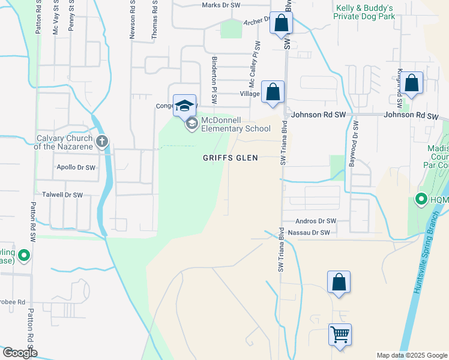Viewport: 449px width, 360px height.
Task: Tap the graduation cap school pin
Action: pyautogui.click(x=184, y=105)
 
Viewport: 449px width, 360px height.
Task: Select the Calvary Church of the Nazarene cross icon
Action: pyautogui.click(x=102, y=142)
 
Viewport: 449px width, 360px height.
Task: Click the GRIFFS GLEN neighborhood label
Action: pyautogui.click(x=230, y=158)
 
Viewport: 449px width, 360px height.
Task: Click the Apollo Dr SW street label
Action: pyautogui.click(x=76, y=167)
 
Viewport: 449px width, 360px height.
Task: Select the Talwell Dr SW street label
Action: pyautogui.click(x=62, y=195)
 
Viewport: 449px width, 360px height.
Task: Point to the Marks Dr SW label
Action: pyautogui.click(x=221, y=5)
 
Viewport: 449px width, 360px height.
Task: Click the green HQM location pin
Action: pyautogui.click(x=421, y=199)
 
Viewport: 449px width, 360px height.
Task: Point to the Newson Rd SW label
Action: pyautogui.click(x=131, y=19)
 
